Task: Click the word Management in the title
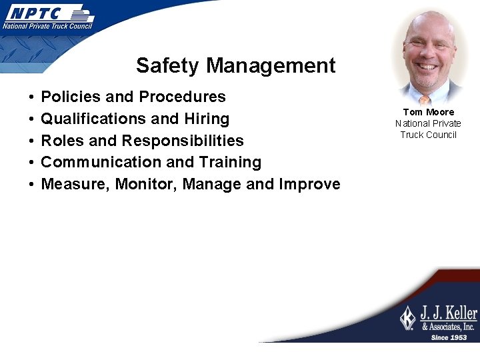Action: coord(271,65)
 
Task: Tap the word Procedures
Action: coord(181,97)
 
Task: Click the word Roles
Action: coord(63,141)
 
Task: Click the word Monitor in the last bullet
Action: coord(146,184)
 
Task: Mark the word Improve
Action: coord(310,184)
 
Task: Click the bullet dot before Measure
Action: coord(33,185)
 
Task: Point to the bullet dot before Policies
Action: coord(33,97)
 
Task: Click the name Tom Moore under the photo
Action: coord(428,112)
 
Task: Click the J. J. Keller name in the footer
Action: coord(448,313)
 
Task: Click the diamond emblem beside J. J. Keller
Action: coord(408,317)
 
